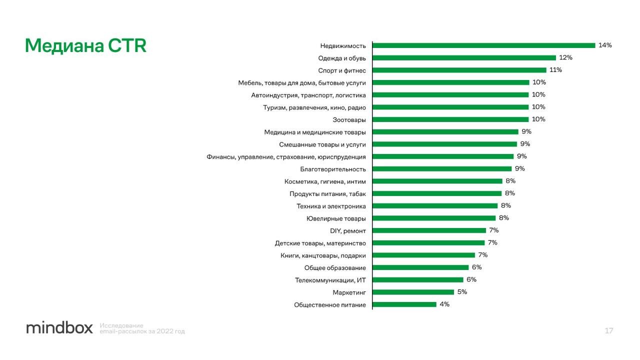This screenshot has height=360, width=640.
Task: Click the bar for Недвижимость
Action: click(x=484, y=45)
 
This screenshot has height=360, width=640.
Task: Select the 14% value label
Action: click(x=605, y=45)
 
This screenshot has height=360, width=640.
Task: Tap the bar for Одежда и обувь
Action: click(x=464, y=58)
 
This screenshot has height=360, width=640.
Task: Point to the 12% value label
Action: click(x=565, y=58)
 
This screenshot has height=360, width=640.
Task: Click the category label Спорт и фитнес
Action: click(x=342, y=70)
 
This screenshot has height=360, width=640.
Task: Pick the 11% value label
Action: click(x=555, y=70)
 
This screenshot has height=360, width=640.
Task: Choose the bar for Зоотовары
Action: click(x=450, y=119)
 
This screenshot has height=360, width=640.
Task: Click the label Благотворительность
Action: click(x=333, y=169)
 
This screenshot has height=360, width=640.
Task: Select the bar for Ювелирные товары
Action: click(x=434, y=218)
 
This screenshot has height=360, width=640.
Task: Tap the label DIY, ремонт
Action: click(x=348, y=230)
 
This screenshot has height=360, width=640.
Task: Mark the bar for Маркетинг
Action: click(x=413, y=292)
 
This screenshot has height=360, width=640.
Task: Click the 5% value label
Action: click(x=462, y=292)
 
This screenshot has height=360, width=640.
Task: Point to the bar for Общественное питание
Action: click(x=404, y=304)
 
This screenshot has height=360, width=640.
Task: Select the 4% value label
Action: click(x=444, y=304)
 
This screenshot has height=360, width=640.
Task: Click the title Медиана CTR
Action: click(x=85, y=46)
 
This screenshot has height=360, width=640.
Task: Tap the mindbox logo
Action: click(x=59, y=328)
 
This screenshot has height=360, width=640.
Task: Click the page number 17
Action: click(x=609, y=330)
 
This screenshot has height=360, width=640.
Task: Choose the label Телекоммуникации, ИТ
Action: click(x=330, y=280)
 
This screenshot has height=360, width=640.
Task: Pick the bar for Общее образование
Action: click(x=420, y=267)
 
